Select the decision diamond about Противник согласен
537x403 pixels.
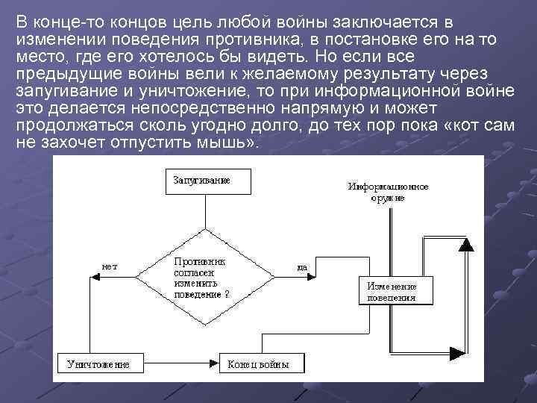point(206,277)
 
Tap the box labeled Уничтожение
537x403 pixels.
point(98,363)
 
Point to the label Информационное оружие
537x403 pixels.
point(388,192)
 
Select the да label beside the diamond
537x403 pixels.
point(302,266)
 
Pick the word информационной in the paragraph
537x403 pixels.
point(403,91)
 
